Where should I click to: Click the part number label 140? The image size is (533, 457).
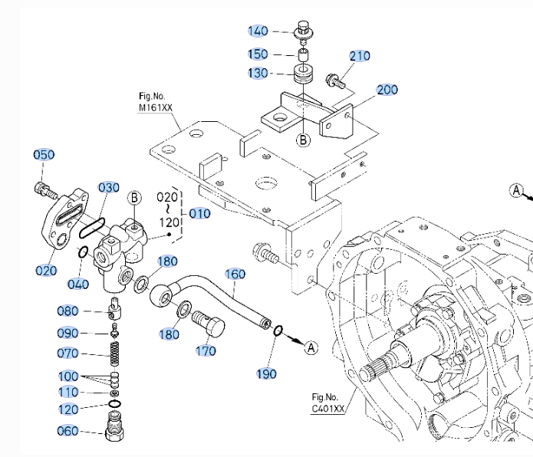tap(258, 31)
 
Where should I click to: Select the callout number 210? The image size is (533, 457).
tap(360, 56)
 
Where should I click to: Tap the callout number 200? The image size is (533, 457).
tap(387, 90)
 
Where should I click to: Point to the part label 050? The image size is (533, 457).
tap(44, 155)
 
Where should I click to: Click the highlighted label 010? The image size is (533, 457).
tap(199, 213)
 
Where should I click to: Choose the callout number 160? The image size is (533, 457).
tap(235, 274)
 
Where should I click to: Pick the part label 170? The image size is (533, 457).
tap(206, 352)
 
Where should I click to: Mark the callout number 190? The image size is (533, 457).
tap(268, 373)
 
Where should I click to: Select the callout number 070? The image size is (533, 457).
tap(67, 353)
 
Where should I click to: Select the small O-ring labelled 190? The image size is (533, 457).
tap(279, 332)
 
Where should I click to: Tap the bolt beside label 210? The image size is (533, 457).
tap(334, 78)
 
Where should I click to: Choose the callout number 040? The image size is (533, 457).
tap(78, 284)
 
